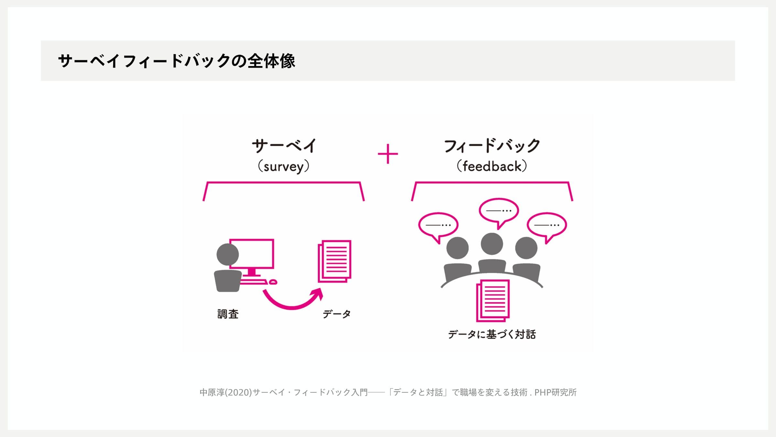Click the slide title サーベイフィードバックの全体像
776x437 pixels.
point(177,61)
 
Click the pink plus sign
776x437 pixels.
point(388,154)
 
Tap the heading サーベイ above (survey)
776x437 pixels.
point(284,146)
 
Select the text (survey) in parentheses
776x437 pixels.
point(283,167)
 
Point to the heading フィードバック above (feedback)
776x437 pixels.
point(492,146)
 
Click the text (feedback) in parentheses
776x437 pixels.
point(492,166)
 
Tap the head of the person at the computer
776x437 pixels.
point(228,254)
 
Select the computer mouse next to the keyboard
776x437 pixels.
point(273,282)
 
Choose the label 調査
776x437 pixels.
point(228,314)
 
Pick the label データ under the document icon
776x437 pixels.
point(337,314)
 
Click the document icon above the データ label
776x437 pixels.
point(335,261)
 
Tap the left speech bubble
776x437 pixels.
point(438,225)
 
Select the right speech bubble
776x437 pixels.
point(547,225)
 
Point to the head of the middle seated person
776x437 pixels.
point(492,243)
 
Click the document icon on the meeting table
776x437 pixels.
point(493,300)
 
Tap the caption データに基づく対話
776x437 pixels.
point(492,334)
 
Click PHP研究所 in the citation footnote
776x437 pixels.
point(555,392)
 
